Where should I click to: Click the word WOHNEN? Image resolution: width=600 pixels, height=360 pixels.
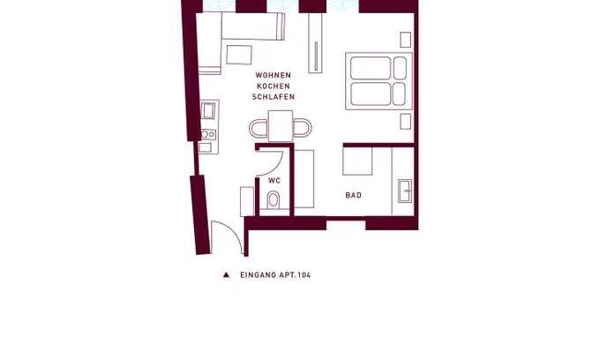click(274, 75)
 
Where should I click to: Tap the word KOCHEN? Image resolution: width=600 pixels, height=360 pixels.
click(274, 86)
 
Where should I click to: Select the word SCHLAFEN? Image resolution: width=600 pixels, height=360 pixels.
click(274, 97)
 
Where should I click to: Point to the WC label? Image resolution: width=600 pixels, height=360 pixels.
click(274, 181)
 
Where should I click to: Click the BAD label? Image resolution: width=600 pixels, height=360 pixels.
click(354, 195)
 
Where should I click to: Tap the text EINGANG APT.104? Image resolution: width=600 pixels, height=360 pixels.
click(275, 274)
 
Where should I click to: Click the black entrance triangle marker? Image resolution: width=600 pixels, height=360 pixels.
click(226, 274)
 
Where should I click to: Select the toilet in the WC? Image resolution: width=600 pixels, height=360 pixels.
click(273, 199)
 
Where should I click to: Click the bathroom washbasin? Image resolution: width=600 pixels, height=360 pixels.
click(405, 191)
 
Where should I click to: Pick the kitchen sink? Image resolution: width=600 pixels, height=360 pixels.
click(208, 111)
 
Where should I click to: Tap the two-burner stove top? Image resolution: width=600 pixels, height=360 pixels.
click(208, 134)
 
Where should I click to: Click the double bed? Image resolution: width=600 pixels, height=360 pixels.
click(379, 81)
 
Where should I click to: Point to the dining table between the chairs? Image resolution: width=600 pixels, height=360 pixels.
click(281, 126)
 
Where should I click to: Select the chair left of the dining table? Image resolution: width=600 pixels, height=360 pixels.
click(259, 128)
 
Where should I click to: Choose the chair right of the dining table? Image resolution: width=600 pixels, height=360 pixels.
click(303, 128)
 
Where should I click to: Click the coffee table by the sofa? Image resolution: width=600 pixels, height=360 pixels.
click(239, 55)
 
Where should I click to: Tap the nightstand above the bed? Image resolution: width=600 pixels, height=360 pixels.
click(406, 40)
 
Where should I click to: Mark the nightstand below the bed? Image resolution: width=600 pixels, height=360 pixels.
click(406, 121)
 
